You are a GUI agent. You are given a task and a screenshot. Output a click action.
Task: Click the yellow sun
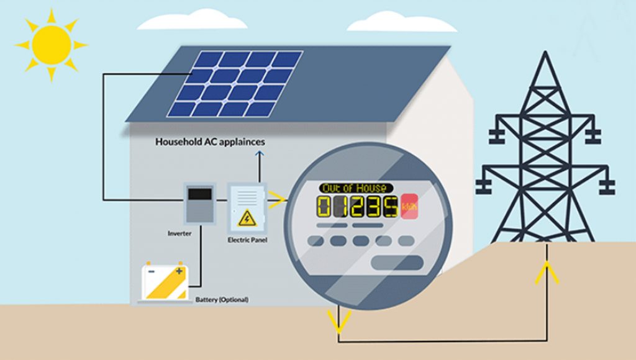tap(51, 45)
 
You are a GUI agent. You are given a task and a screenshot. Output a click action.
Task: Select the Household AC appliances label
tap(210, 142)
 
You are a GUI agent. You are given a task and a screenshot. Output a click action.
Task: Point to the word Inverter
tap(179, 233)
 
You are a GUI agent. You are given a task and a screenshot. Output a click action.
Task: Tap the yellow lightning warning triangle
tap(247, 218)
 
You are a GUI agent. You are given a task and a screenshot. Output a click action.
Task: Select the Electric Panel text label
tap(247, 240)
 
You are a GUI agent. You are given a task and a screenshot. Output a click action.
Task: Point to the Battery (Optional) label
tap(222, 300)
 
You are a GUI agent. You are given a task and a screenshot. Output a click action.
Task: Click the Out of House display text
tap(357, 187)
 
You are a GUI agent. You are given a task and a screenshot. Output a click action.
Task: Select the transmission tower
tap(545, 155)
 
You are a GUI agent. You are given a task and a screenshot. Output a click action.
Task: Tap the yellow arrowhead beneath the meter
tap(339, 320)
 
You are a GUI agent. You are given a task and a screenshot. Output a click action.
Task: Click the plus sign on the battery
tap(179, 271)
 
